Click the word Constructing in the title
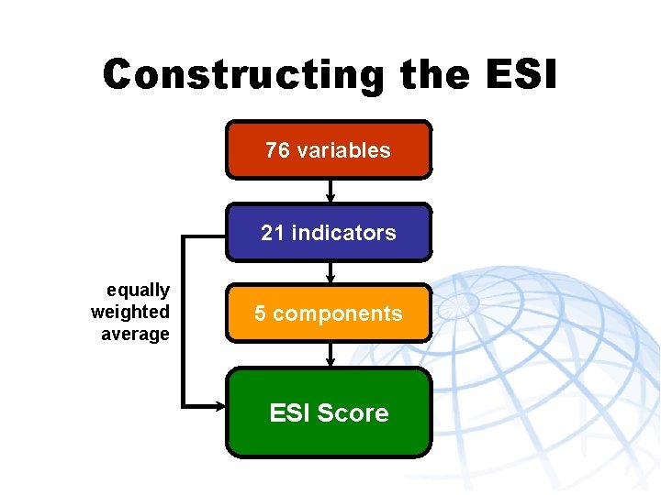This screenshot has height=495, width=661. click(x=242, y=74)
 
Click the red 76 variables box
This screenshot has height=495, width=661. click(x=328, y=149)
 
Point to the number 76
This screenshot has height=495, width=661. click(x=275, y=150)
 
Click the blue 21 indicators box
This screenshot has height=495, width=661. click(x=328, y=232)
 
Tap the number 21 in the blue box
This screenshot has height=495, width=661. click(x=273, y=233)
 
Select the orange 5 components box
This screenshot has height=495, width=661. click(x=328, y=313)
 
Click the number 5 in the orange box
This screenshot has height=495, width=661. click(x=261, y=313)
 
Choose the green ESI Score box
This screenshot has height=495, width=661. click(x=328, y=412)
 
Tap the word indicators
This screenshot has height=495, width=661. click(x=343, y=233)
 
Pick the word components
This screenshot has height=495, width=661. click(x=338, y=314)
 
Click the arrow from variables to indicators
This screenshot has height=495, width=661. click(x=330, y=191)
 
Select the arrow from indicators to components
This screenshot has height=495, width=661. click(x=330, y=272)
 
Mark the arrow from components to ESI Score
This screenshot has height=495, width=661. click(x=330, y=355)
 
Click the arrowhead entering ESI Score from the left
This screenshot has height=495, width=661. click(x=220, y=404)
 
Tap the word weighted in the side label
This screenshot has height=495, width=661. click(x=129, y=313)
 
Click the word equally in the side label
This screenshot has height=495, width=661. click(x=138, y=291)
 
